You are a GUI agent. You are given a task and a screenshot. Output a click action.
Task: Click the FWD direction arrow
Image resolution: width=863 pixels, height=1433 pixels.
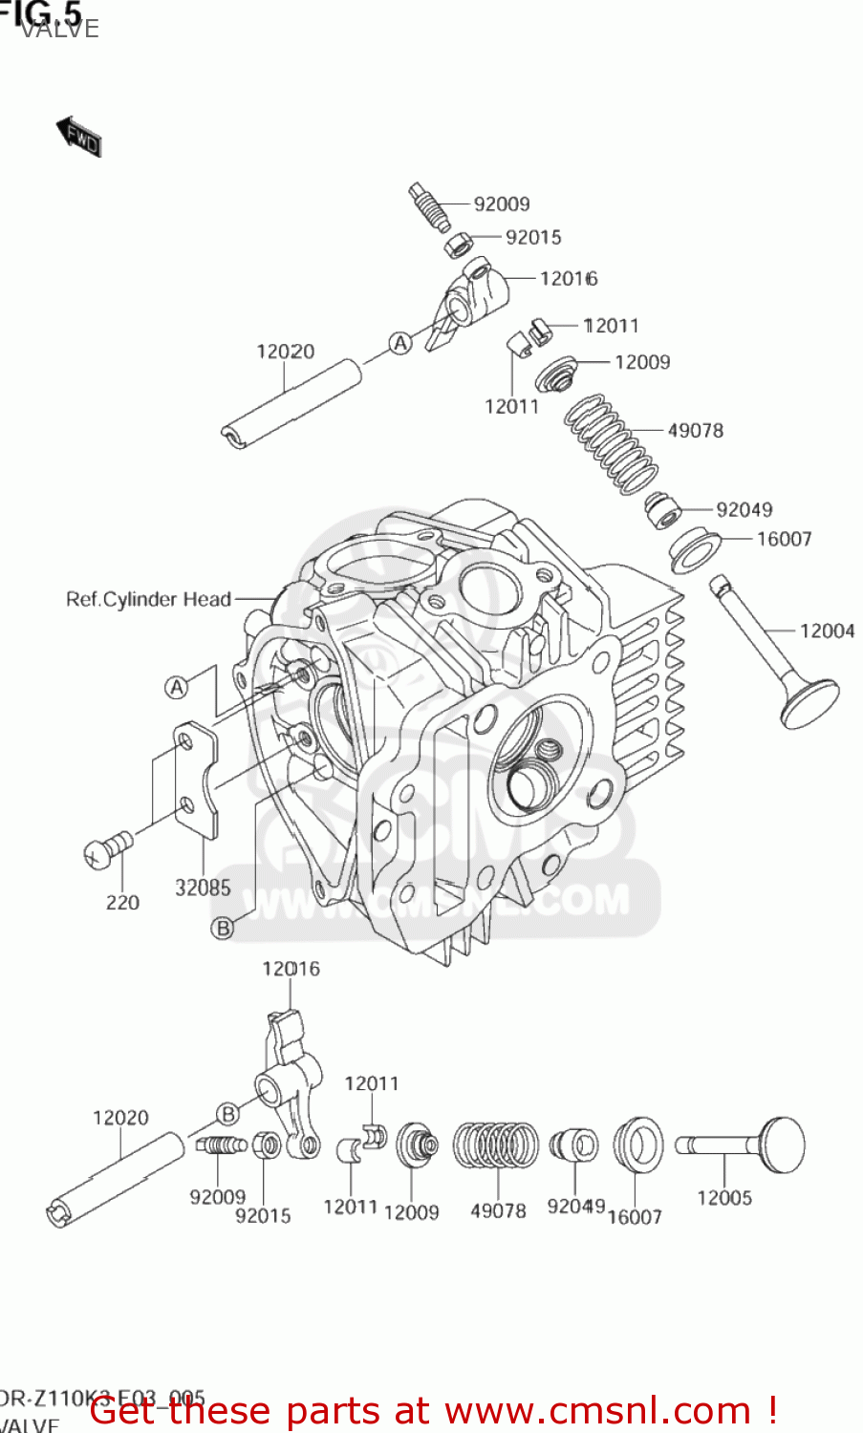click(x=78, y=136)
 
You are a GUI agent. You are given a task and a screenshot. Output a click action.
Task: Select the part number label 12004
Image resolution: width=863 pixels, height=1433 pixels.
click(x=827, y=631)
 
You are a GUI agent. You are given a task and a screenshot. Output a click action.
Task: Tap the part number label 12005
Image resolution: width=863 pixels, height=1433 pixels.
click(x=723, y=1197)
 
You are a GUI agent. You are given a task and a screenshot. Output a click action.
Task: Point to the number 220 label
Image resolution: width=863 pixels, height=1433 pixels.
click(x=122, y=902)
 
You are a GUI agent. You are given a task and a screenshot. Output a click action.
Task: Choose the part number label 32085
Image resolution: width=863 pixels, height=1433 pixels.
click(x=203, y=888)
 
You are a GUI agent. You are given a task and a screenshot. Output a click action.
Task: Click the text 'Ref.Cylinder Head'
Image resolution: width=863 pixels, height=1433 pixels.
click(x=148, y=599)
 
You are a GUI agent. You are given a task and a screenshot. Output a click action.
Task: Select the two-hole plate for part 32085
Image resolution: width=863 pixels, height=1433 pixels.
click(x=196, y=779)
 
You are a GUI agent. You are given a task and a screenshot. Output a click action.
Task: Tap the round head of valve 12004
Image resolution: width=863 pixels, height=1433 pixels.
click(x=809, y=704)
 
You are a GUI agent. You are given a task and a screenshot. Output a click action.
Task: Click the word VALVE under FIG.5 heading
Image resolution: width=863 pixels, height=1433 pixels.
click(x=59, y=29)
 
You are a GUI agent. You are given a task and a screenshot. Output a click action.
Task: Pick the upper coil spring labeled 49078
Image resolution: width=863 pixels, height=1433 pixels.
click(x=610, y=445)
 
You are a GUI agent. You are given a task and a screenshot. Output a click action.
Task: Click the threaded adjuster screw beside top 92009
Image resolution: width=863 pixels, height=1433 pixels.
click(x=432, y=208)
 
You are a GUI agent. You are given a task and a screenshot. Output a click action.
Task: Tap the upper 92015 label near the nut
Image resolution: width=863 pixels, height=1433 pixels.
click(x=533, y=237)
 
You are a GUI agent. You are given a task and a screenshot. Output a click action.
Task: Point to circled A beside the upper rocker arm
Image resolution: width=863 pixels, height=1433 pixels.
click(x=400, y=343)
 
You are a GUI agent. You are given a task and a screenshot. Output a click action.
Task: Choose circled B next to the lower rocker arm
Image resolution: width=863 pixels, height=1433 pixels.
click(x=227, y=1114)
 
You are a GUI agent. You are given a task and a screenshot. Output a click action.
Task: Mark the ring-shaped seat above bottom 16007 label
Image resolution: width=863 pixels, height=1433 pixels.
click(x=637, y=1144)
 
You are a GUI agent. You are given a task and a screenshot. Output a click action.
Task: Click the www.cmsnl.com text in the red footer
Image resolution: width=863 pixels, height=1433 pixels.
click(x=597, y=1410)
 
